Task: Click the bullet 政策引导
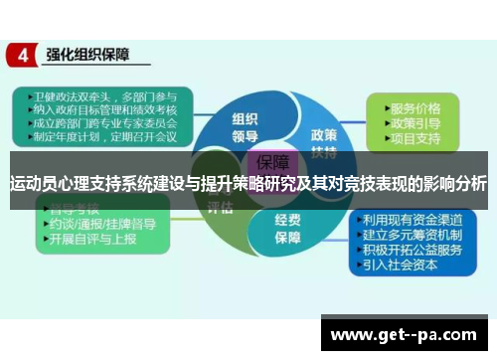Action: point(415,122)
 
